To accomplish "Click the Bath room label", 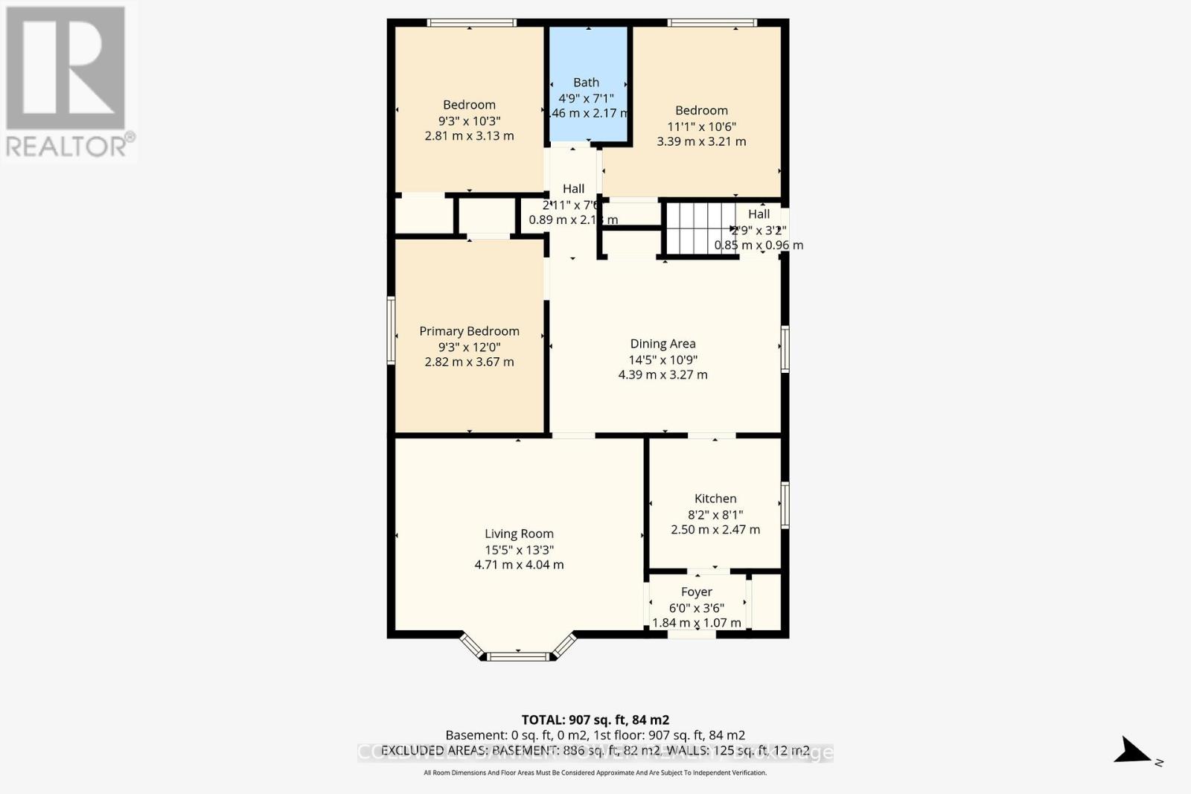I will [x=586, y=83].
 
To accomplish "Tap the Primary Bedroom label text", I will [x=469, y=331].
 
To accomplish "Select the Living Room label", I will [x=519, y=534].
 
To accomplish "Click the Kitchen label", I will [x=715, y=499].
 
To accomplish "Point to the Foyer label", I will [x=697, y=592].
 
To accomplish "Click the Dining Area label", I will [x=662, y=344].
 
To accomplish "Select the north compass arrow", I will [x=1134, y=751].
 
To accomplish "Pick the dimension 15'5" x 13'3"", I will [x=519, y=550].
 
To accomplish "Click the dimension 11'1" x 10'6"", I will [x=701, y=127].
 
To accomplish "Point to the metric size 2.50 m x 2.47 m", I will [x=715, y=530].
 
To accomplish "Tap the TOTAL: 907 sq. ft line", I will [x=595, y=720].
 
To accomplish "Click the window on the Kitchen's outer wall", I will [x=785, y=505].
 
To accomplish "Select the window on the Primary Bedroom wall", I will [x=391, y=330].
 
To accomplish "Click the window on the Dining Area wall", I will [x=785, y=348].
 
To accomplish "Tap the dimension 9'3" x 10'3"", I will [x=469, y=121].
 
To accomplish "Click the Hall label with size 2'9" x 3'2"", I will [x=759, y=214].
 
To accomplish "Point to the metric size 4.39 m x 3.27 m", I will [x=662, y=375].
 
